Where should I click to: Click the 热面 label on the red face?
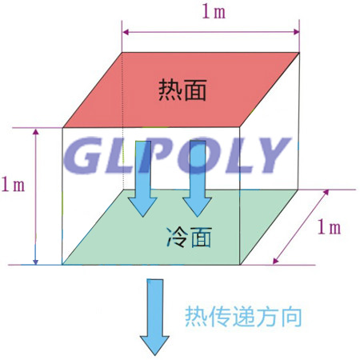[x=182, y=90]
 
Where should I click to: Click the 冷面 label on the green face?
[x=189, y=237]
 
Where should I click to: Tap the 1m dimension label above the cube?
[x=214, y=12]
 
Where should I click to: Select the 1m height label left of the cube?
[x=13, y=184]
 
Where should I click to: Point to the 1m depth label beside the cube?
[x=329, y=227]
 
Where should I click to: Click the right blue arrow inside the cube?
[x=198, y=178]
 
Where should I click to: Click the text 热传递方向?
[x=243, y=317]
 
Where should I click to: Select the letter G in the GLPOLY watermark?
[x=82, y=155]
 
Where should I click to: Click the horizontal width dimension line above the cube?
[x=210, y=32]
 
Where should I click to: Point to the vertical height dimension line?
[x=36, y=197]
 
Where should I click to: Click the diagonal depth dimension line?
[x=301, y=227]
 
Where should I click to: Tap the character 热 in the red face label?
[x=170, y=90]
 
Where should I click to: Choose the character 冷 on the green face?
[x=177, y=237]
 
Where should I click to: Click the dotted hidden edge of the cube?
[x=122, y=121]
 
